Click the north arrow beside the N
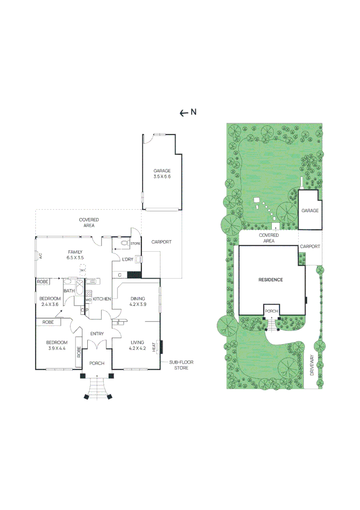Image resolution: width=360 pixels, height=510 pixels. [x=184, y=113]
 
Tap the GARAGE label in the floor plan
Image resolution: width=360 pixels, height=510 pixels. [x=162, y=171]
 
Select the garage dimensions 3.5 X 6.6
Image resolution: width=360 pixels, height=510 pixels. [x=162, y=177]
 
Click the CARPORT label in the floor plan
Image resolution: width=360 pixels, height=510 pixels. [x=161, y=242]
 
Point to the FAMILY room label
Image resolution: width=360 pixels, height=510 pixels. [x=75, y=252]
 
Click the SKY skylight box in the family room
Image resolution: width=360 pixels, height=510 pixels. [x=83, y=270]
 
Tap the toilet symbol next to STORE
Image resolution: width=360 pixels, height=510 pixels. [x=125, y=243]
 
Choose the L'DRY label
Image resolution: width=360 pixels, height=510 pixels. [x=128, y=260]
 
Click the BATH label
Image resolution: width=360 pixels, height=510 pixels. [x=69, y=291]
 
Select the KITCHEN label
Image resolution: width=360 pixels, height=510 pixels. [x=102, y=299]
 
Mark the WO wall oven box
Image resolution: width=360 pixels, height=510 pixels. [x=88, y=300]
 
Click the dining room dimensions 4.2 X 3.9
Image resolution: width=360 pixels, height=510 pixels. [x=138, y=305]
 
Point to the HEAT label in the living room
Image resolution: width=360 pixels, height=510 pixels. [x=154, y=347]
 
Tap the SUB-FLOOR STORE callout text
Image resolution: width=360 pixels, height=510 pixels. [x=181, y=365]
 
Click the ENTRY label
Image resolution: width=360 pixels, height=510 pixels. [x=97, y=334]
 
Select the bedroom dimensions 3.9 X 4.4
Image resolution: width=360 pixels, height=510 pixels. [x=57, y=348]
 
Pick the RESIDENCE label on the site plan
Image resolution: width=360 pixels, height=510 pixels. [x=271, y=280]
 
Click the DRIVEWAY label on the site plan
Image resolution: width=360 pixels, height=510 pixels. [x=312, y=365]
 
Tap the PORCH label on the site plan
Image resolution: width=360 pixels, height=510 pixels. [x=271, y=311]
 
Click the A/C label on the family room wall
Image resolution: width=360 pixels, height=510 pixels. [x=41, y=256]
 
